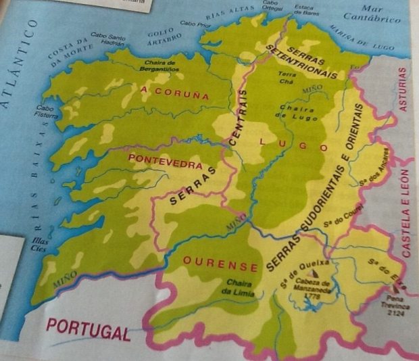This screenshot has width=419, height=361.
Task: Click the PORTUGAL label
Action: (88, 330)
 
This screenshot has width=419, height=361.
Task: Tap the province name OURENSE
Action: (212, 263)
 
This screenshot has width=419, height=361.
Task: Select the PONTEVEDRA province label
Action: (165, 161)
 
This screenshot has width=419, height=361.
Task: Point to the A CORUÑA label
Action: (175, 93)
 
